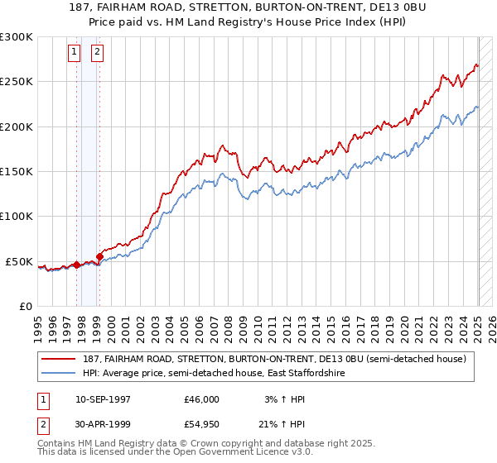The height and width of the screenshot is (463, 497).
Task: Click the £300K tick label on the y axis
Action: point(17,37)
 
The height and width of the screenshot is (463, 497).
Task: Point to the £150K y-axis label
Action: point(17,172)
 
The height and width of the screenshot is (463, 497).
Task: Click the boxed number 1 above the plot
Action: point(75,52)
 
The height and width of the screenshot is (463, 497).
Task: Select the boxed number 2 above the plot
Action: point(97,52)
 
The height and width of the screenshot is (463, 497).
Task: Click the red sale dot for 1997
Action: point(76,265)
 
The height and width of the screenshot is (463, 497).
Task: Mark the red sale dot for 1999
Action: point(99,256)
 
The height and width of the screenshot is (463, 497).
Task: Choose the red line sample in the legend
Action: point(58,359)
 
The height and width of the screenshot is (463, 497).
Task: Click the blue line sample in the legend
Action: point(58,374)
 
